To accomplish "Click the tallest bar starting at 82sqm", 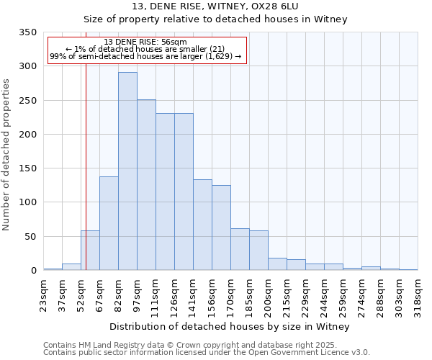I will point(127,171).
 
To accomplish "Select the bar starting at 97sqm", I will point(146,185).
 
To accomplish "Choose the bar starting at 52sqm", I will point(90,251).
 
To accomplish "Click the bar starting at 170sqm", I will point(240,249).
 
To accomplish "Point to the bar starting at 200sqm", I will point(277,264).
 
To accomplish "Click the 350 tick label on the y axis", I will point(27,32).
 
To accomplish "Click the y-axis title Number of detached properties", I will point(6,155).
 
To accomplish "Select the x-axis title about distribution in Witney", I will point(230,326).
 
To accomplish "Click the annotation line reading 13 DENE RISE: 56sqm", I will point(145,42).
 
